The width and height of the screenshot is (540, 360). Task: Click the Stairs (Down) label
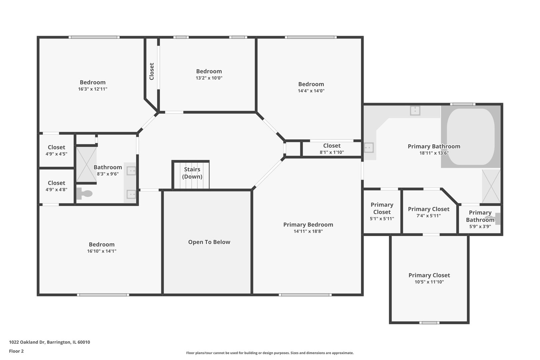192,173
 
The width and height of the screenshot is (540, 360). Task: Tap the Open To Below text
209,242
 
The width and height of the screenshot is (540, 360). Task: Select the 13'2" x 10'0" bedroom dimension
209,78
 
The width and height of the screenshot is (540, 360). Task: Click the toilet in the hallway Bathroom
84,193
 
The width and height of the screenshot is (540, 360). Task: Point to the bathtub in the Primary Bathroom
470,137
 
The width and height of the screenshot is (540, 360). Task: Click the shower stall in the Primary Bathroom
491,186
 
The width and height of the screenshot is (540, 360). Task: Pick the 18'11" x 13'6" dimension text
434,153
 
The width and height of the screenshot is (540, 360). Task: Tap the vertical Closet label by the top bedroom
152,71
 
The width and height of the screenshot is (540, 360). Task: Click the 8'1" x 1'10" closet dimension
332,152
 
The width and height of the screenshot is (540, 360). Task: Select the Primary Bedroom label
308,225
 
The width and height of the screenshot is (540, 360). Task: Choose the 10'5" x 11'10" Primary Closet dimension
429,282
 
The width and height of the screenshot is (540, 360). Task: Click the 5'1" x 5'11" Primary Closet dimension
382,219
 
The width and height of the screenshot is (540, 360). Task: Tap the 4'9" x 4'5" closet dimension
56,154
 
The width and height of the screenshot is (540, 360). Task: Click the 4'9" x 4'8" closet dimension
56,190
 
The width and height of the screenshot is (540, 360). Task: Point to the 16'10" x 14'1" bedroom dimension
102,251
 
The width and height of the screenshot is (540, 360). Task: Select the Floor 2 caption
16,351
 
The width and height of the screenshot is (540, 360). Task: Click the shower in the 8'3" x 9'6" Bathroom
86,164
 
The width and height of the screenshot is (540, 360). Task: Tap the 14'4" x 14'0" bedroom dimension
311,91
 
